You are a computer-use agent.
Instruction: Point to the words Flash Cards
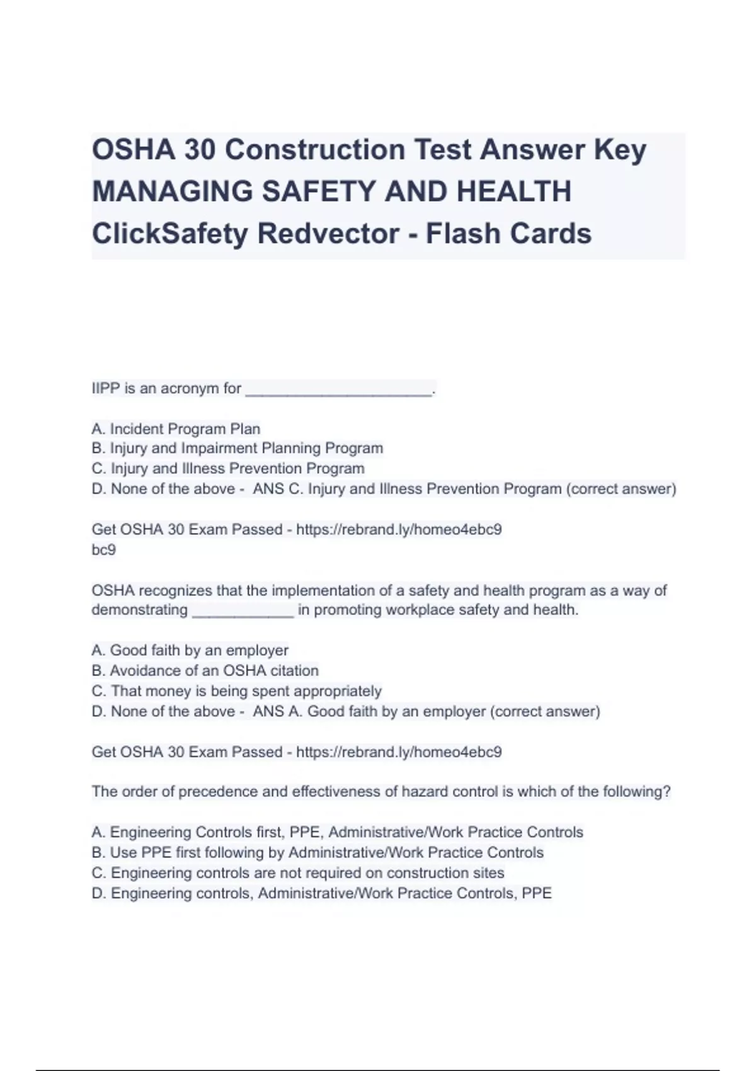click(508, 233)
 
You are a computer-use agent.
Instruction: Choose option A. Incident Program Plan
click(176, 429)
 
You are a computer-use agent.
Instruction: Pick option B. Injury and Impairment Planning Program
click(237, 449)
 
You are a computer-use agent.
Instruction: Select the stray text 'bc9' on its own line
click(104, 550)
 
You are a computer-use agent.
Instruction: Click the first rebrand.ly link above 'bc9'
click(399, 529)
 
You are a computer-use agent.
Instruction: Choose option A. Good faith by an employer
click(190, 650)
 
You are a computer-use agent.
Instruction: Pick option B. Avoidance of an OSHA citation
click(205, 670)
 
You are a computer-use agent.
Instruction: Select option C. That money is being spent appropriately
click(236, 691)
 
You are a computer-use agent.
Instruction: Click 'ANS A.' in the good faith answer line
click(277, 711)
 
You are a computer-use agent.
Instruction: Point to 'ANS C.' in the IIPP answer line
click(277, 489)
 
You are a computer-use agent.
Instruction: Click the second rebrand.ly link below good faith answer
click(399, 752)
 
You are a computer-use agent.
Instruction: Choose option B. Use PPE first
click(317, 852)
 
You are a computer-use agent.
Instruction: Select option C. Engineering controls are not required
click(298, 873)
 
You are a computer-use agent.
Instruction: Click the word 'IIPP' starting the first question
click(106, 389)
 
